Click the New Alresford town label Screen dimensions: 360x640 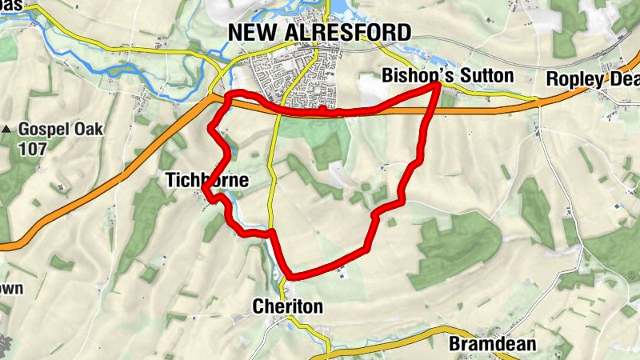point(319,32)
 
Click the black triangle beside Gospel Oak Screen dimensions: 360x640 point(6,129)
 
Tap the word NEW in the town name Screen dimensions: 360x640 point(251,32)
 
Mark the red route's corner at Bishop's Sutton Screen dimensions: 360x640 point(438,84)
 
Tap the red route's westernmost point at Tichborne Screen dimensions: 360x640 point(206,190)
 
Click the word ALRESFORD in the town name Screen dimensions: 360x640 point(346,32)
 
